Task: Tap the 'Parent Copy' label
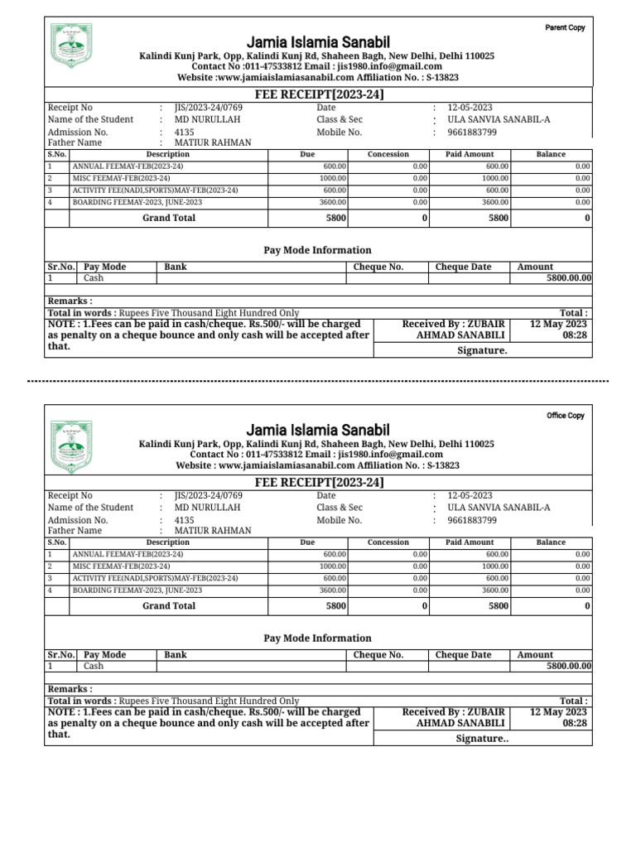pos(565,27)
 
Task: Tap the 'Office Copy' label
pos(565,416)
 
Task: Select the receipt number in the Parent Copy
pos(209,108)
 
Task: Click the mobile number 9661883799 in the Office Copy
pos(472,520)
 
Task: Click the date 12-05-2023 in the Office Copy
pos(470,495)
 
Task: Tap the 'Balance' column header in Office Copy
pos(551,542)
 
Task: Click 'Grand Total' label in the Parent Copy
pos(169,218)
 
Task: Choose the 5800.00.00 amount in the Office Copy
pos(569,666)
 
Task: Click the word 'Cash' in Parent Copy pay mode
pos(94,278)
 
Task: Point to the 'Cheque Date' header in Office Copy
pos(463,654)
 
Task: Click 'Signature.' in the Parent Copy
pos(482,350)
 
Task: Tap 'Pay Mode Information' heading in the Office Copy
pos(317,638)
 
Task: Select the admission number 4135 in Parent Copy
pos(185,132)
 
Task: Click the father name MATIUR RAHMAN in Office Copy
pos(212,531)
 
